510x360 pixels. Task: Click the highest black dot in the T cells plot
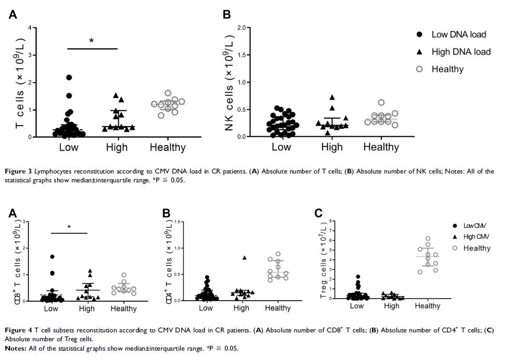69,78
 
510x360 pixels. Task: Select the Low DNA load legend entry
458,34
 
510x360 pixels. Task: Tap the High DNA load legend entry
461,52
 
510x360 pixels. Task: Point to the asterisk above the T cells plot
91,41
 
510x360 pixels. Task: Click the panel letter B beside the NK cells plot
227,14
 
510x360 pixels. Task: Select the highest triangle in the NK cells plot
331,97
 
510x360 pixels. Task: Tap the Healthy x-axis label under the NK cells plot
381,147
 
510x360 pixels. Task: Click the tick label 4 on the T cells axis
31,28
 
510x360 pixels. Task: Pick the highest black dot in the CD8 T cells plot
52,257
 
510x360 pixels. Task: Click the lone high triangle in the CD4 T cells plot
244,257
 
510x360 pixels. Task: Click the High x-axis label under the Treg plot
392,305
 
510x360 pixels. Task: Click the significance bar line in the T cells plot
93,49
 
